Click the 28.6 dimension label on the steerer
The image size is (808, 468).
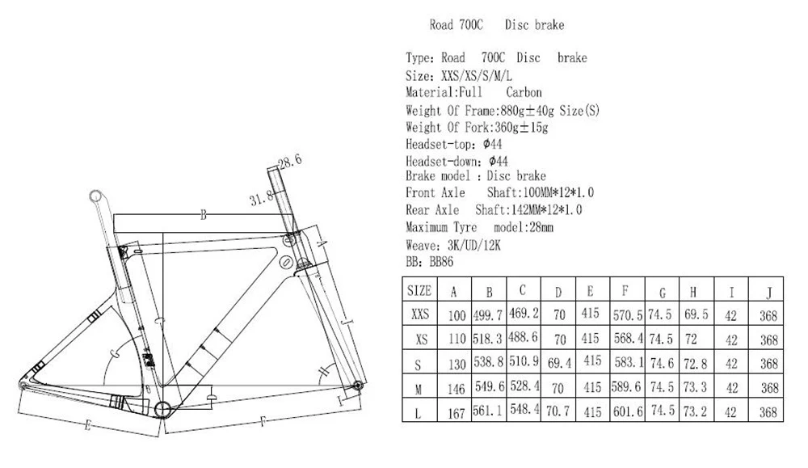click(x=289, y=162)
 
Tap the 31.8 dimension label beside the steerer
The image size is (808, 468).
click(x=261, y=199)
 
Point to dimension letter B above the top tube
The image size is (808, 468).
click(x=204, y=215)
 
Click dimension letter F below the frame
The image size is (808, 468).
click(x=263, y=422)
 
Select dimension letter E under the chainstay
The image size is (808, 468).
click(x=87, y=425)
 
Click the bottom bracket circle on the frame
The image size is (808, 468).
click(x=163, y=409)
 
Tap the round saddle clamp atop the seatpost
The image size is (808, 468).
click(x=96, y=196)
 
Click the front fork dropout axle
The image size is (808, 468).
click(x=357, y=386)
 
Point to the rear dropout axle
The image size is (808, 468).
click(x=22, y=385)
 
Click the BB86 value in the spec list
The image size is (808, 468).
click(x=441, y=262)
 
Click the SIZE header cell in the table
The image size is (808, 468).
click(x=419, y=291)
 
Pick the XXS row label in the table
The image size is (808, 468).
click(x=420, y=314)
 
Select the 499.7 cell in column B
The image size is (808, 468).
click(x=488, y=315)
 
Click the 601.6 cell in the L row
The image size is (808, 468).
click(x=628, y=411)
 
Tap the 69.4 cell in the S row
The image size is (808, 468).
click(x=559, y=364)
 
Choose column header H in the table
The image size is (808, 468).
click(x=693, y=293)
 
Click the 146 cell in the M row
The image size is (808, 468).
click(x=456, y=389)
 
